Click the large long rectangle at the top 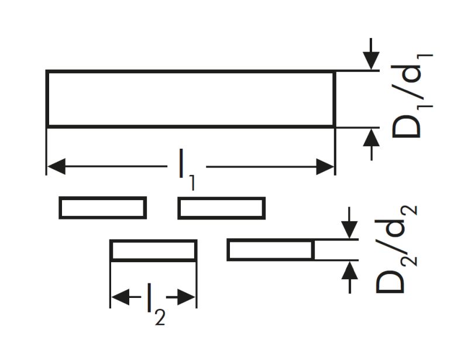coord(190,98)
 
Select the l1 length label coord(186,172)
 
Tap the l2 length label coord(154,303)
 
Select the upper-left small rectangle coord(102,208)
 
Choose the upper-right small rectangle coord(221,208)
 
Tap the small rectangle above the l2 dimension coord(153,251)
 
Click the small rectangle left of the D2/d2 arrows coord(270,251)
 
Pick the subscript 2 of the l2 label coord(159,317)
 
